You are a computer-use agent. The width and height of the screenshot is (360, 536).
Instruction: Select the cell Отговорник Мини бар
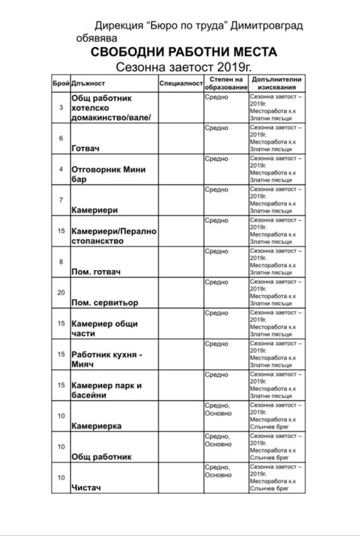(x=107, y=175)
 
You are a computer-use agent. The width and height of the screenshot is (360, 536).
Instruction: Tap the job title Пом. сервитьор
(x=104, y=302)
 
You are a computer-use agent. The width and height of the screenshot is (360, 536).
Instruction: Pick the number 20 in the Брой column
(x=61, y=292)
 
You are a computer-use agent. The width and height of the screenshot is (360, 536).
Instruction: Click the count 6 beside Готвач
(x=61, y=138)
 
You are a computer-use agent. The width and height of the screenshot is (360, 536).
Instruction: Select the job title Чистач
(x=84, y=488)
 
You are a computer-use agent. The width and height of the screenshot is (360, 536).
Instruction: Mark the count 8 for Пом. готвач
(x=61, y=262)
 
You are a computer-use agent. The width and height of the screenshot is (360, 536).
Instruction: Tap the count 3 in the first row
(x=61, y=107)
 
